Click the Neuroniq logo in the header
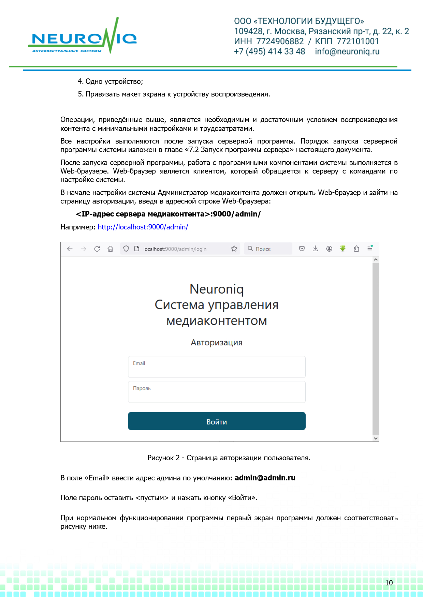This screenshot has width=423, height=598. pyautogui.click(x=82, y=38)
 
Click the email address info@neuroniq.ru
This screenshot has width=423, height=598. pyautogui.click(x=347, y=51)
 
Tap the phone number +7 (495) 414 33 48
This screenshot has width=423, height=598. pyautogui.click(x=269, y=51)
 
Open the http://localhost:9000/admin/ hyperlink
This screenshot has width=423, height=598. pyautogui.click(x=143, y=227)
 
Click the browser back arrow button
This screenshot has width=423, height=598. pyautogui.click(x=70, y=249)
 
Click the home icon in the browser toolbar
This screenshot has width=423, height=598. pyautogui.click(x=111, y=249)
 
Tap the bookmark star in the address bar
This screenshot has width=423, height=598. pyautogui.click(x=234, y=249)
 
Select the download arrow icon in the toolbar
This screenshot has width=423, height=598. pyautogui.click(x=315, y=249)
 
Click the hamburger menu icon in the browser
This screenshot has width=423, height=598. pyautogui.click(x=370, y=249)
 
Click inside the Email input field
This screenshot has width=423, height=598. pyautogui.click(x=217, y=367)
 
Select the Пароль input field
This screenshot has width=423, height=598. pyautogui.click(x=217, y=392)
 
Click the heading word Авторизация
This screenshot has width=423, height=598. pyautogui.click(x=217, y=343)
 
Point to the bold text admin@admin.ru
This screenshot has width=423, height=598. pyautogui.click(x=265, y=478)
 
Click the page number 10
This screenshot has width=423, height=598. pyautogui.click(x=389, y=583)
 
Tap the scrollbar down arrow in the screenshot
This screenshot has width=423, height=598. pyautogui.click(x=376, y=438)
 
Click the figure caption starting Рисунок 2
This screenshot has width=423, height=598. pyautogui.click(x=229, y=458)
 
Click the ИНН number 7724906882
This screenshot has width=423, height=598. pyautogui.click(x=280, y=42)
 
